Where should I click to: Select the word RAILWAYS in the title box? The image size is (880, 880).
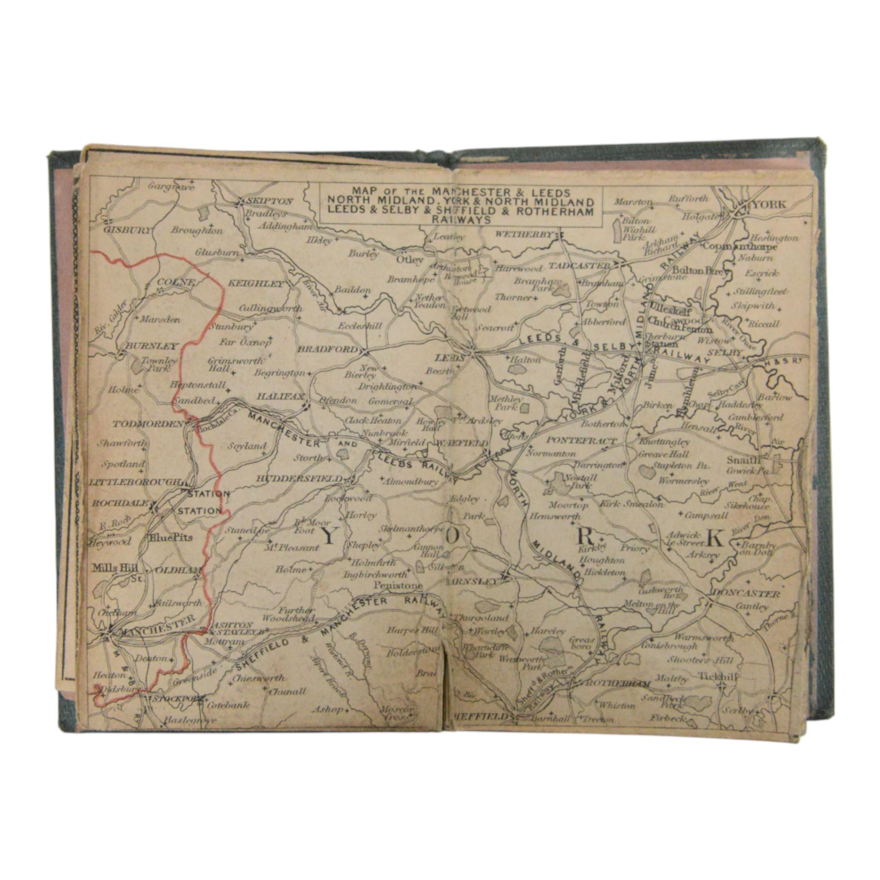[x=461, y=220]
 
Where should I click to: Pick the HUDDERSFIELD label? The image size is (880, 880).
[x=300, y=479]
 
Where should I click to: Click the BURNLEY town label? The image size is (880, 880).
[x=152, y=346]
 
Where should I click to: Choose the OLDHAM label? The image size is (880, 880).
[x=178, y=571]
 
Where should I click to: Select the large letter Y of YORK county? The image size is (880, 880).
[x=329, y=537]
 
